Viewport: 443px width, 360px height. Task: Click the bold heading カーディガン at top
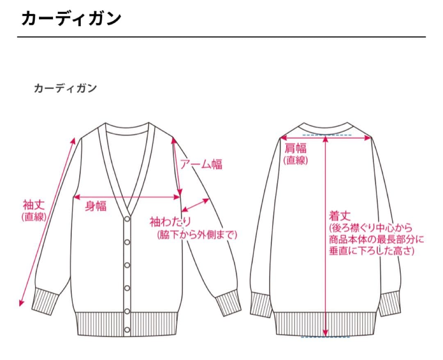(71, 18)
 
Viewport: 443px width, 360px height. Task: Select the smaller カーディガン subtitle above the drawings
(65, 88)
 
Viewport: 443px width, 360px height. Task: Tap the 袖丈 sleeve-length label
(34, 204)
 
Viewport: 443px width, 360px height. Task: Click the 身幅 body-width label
(96, 206)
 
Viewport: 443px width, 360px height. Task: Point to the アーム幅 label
(201, 164)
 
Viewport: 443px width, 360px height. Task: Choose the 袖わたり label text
(170, 222)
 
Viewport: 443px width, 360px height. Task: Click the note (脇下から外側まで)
(197, 235)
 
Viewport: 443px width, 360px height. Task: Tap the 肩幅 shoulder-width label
(295, 148)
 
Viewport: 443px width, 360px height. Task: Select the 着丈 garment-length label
(340, 216)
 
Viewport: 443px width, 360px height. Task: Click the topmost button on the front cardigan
(128, 219)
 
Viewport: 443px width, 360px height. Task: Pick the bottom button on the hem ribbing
(127, 330)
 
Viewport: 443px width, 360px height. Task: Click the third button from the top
(128, 265)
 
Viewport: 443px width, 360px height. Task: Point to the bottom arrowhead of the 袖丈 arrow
(21, 303)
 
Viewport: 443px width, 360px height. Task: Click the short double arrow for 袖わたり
(195, 205)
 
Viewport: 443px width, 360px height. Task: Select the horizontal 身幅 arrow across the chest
(127, 197)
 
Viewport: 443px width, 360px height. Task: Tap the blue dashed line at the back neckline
(327, 135)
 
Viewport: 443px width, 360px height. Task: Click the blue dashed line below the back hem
(325, 337)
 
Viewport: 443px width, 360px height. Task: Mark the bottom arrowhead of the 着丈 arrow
(325, 333)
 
